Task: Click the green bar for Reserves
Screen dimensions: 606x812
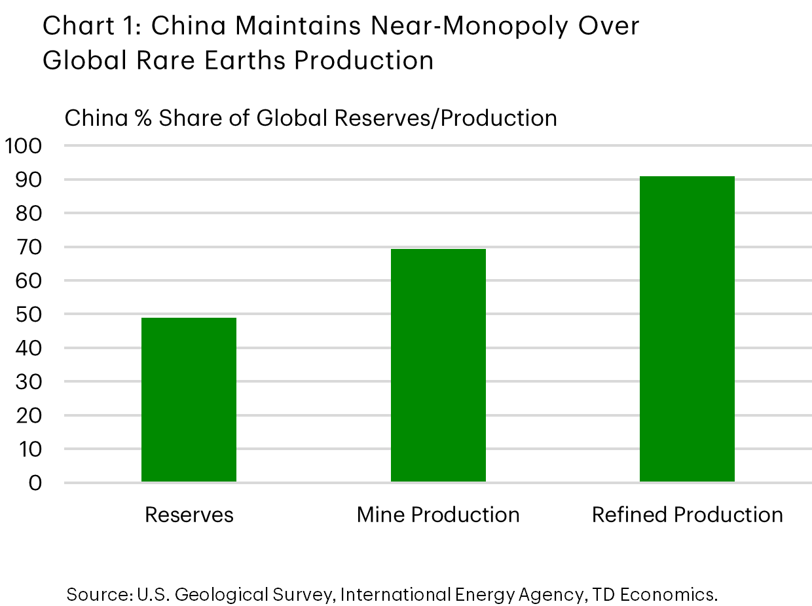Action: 189,400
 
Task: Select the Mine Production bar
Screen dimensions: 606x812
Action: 438,366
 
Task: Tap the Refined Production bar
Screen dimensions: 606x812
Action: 687,329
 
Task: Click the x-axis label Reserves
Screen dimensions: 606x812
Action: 189,515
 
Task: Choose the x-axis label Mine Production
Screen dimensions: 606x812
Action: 438,515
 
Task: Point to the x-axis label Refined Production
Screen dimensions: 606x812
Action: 687,515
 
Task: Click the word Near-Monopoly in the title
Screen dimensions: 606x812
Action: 428,26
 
